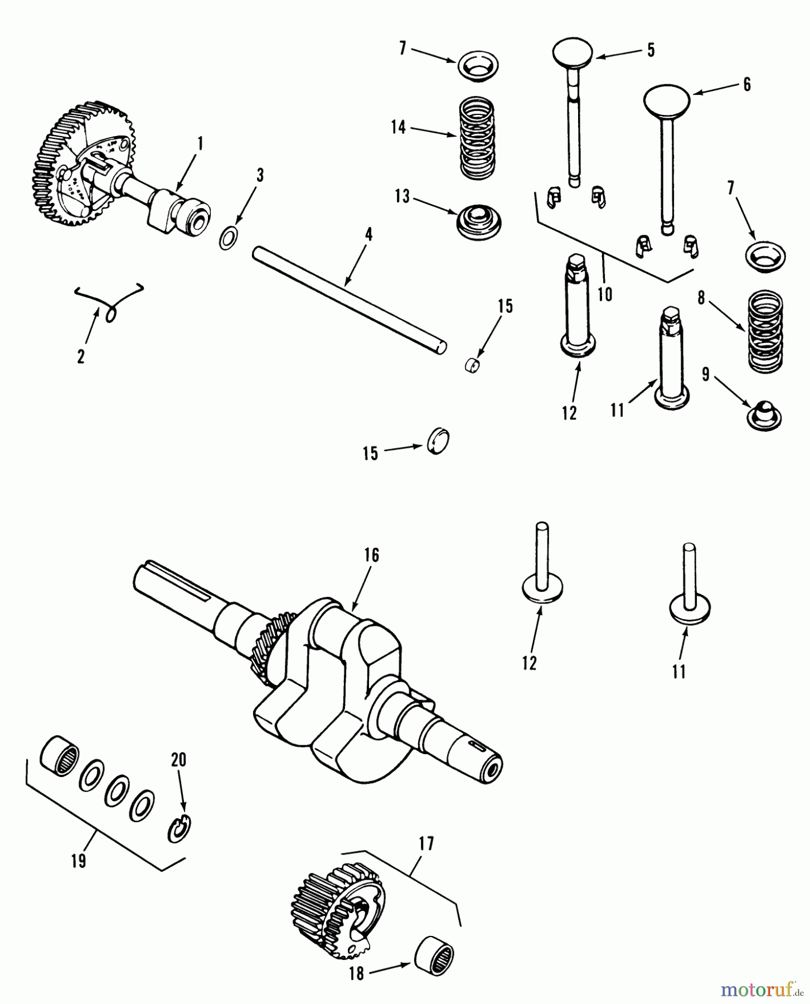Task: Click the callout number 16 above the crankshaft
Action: [x=372, y=555]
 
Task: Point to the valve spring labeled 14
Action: [x=477, y=137]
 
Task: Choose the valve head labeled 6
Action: [x=667, y=100]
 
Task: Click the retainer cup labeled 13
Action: [x=477, y=221]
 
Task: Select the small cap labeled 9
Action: [x=764, y=417]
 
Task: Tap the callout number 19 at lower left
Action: [x=79, y=861]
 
